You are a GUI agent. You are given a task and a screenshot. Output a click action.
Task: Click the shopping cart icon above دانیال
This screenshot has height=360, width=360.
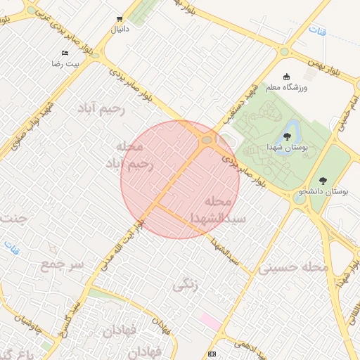(x=119, y=19)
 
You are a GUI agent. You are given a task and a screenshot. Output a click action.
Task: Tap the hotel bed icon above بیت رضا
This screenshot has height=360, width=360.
(x=65, y=53)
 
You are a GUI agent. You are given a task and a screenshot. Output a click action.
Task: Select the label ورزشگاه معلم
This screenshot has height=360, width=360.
(x=287, y=87)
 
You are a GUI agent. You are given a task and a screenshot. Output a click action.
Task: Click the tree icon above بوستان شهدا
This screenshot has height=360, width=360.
(x=287, y=136)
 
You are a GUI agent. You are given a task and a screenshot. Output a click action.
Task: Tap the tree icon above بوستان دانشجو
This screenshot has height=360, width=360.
(x=323, y=181)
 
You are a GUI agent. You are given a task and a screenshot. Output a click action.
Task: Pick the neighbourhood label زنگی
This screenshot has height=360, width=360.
(x=186, y=285)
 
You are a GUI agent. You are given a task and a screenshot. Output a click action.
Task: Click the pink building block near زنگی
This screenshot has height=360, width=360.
(x=210, y=321)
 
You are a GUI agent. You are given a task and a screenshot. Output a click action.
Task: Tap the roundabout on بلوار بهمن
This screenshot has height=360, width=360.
(x=284, y=51)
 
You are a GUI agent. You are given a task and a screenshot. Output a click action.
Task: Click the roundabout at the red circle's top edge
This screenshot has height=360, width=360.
(x=206, y=141)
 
